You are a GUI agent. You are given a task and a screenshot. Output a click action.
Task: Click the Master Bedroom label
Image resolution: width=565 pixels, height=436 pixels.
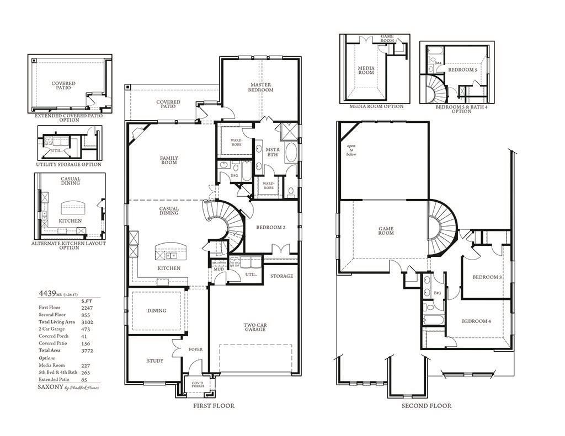[x=260, y=87]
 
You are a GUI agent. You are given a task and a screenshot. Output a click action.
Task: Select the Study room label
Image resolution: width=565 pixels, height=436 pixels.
[x=155, y=361]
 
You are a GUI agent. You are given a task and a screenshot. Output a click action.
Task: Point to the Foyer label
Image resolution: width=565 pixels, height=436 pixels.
[x=196, y=349]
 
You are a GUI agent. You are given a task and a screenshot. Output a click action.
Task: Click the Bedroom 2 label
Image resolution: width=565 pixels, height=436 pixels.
[x=270, y=227]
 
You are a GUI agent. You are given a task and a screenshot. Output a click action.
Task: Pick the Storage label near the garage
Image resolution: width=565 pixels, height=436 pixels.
[x=281, y=276]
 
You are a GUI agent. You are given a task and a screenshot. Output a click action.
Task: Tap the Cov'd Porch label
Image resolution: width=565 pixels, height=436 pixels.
[x=198, y=384]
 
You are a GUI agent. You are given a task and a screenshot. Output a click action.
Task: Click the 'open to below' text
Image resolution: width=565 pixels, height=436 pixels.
[x=351, y=150]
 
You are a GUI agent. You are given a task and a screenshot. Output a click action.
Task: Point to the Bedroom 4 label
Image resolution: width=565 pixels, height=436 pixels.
[x=476, y=321]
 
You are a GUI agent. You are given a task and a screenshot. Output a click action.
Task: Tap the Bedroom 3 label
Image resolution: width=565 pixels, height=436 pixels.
[x=486, y=277]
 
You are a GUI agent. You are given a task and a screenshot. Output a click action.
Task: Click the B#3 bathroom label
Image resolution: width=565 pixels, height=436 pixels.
[x=437, y=293]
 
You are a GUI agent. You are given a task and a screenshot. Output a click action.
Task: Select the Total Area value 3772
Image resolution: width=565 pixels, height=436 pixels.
[x=87, y=351]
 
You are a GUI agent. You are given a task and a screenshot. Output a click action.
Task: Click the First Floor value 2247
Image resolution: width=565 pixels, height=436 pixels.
[x=87, y=308]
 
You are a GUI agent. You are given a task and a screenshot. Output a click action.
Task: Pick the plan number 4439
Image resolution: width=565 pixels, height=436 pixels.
[x=46, y=293]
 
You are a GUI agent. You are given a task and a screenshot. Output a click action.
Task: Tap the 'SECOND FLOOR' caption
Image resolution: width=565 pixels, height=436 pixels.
[x=426, y=406]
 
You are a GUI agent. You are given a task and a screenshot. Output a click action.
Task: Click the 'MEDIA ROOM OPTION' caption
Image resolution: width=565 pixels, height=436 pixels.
[x=376, y=106]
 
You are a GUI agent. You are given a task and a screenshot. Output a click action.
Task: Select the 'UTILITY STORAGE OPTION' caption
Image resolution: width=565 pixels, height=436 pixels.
[x=68, y=164]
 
